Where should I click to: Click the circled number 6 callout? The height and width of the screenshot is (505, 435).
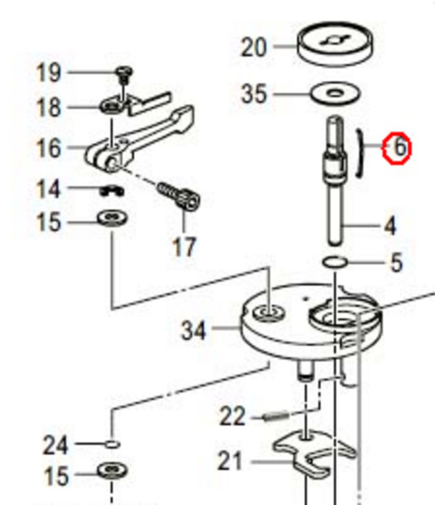click(397, 148)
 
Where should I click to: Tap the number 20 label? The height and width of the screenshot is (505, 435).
click(254, 47)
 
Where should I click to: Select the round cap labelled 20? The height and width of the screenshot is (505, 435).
click(336, 44)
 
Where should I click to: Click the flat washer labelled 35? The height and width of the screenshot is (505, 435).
click(336, 93)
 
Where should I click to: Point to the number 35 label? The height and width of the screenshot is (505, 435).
click(255, 93)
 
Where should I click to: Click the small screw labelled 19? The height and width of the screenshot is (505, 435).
click(124, 74)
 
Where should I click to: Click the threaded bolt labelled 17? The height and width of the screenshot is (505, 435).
click(178, 196)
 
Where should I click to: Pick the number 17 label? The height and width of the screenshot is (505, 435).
click(185, 247)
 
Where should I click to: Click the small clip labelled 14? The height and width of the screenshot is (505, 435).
click(111, 191)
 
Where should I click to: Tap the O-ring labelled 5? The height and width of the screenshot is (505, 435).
click(335, 262)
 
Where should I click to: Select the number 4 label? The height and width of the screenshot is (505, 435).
click(390, 226)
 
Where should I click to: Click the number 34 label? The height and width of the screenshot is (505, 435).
click(193, 331)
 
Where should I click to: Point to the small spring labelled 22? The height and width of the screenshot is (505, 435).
click(277, 417)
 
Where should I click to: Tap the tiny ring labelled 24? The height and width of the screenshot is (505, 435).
click(112, 444)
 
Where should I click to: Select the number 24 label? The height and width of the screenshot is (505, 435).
click(56, 445)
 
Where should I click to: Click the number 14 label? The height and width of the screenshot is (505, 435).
click(48, 189)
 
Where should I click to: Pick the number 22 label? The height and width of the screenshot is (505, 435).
click(233, 416)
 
